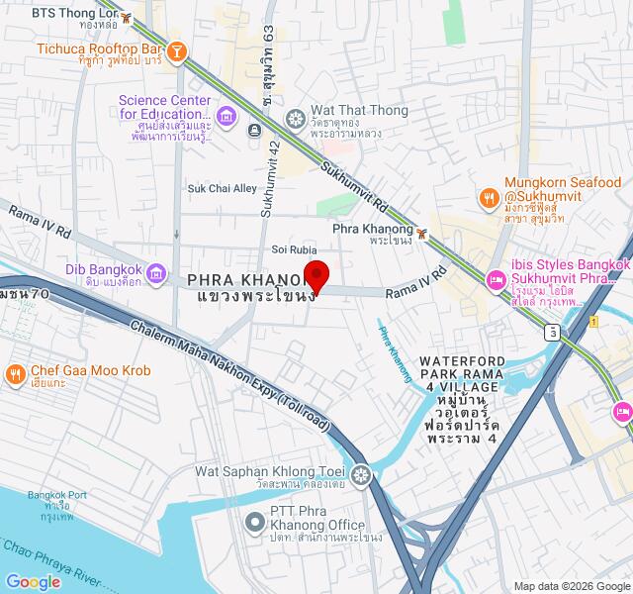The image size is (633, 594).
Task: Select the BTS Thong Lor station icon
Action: pyautogui.click(x=125, y=14)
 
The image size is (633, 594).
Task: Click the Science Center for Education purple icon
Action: pyautogui.click(x=226, y=117)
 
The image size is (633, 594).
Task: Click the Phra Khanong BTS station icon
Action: pyautogui.click(x=422, y=234)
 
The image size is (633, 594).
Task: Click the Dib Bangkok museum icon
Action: pyautogui.click(x=155, y=273)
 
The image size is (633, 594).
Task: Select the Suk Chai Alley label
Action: pyautogui.click(x=223, y=188)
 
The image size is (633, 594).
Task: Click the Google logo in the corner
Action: pyautogui.click(x=33, y=582)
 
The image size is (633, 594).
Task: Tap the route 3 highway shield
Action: pyautogui.click(x=551, y=332)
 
